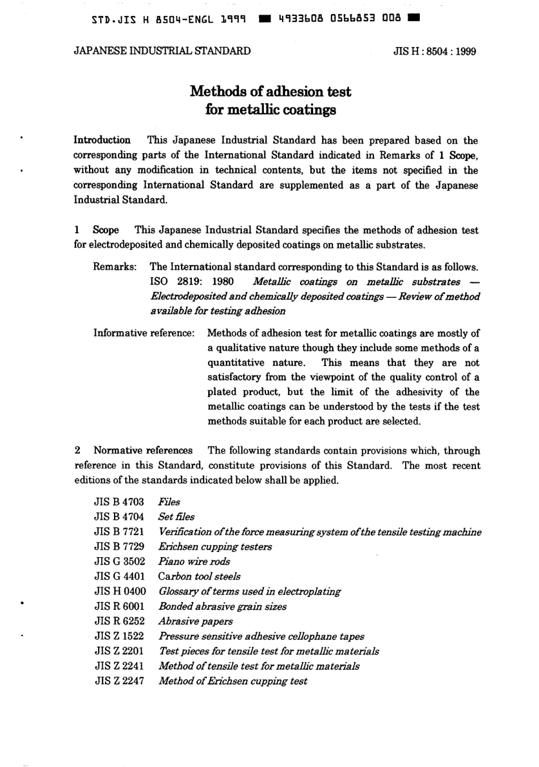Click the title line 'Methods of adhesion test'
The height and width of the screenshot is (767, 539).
point(270,91)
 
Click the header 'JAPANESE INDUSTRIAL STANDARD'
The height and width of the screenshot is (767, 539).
point(162,51)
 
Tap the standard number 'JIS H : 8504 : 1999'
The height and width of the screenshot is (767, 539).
point(435,52)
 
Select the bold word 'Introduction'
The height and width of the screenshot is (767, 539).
point(102,140)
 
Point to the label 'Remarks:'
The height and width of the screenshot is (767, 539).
point(115,267)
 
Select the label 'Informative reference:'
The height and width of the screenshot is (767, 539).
point(144,333)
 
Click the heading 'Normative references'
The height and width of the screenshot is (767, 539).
point(143,450)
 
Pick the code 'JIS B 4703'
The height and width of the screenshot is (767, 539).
point(119,501)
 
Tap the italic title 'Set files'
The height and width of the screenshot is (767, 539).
point(176,517)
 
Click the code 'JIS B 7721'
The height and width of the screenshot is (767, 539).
point(119,532)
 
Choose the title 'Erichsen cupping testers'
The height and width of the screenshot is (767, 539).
point(215,547)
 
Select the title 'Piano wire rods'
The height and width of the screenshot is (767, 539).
point(194,562)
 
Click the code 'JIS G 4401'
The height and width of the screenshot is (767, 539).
point(119,576)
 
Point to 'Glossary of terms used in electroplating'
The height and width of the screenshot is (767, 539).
point(250,591)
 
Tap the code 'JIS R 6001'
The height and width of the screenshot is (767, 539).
point(119,606)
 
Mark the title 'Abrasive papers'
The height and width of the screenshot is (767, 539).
point(196,621)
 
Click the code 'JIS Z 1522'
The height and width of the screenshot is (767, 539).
point(119,636)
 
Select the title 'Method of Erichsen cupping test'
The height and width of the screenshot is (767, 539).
point(233,681)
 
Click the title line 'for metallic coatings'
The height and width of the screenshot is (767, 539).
point(270,109)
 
